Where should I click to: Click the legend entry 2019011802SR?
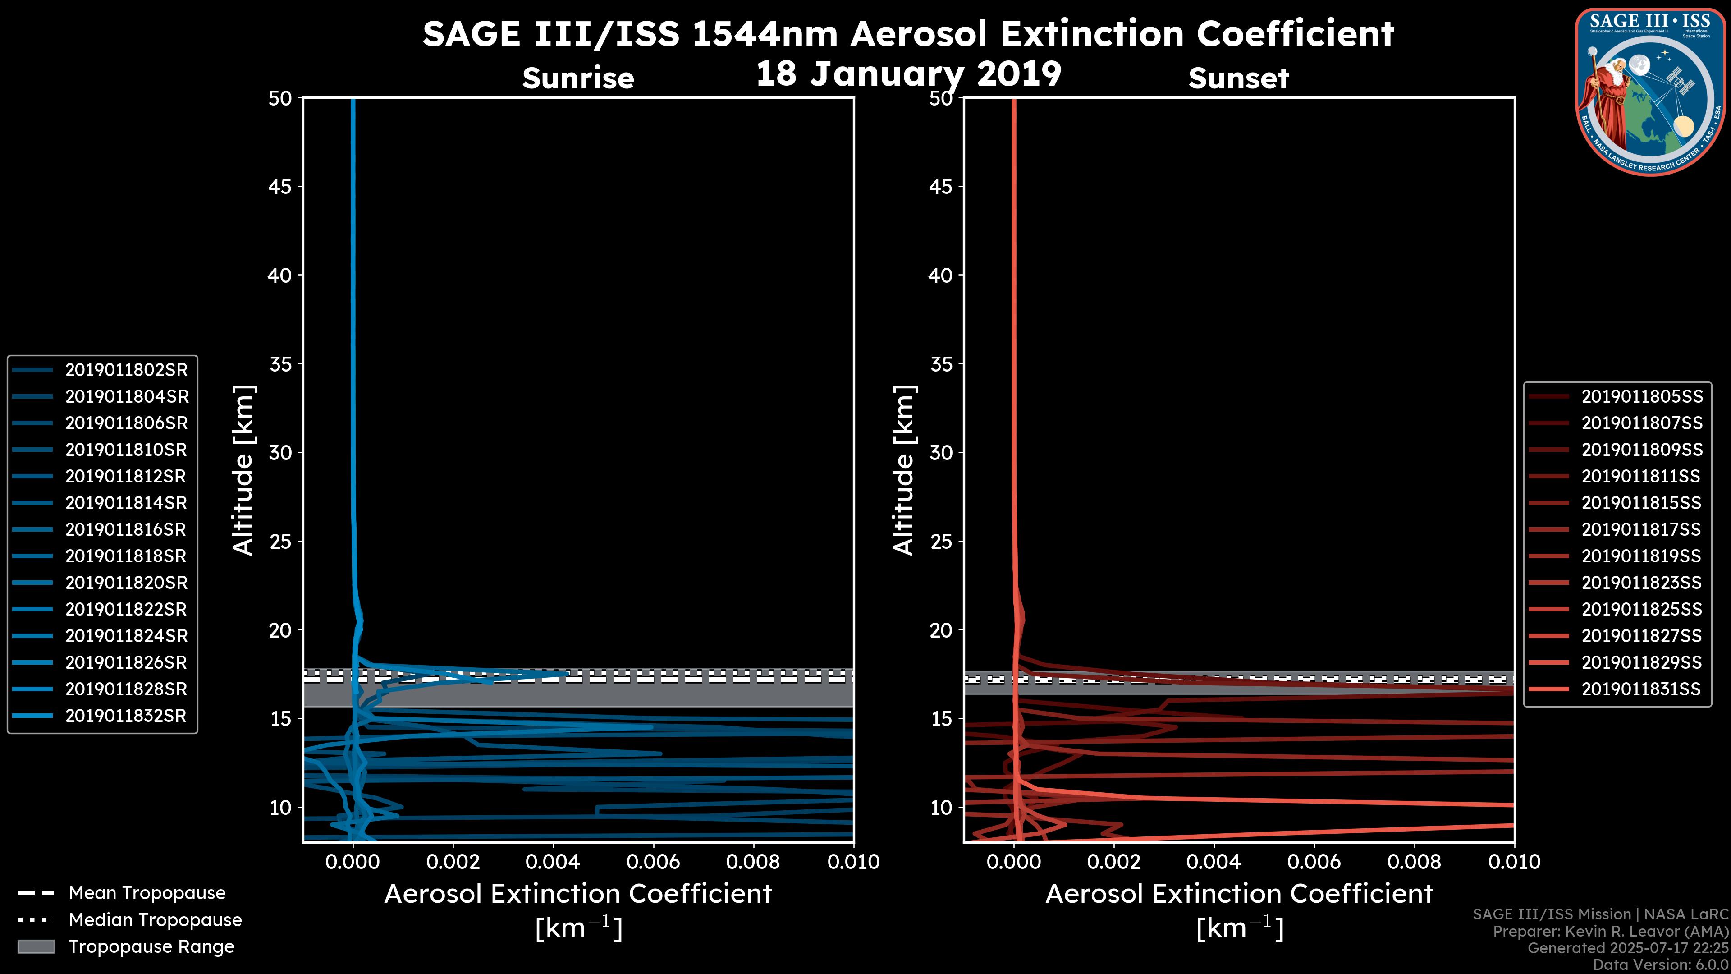126,370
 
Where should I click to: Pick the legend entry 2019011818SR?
126,556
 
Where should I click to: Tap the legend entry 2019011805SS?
1642,397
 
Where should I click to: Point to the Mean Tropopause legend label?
147,893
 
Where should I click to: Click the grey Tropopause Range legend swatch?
36,946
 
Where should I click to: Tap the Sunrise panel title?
578,78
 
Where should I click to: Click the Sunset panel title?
1238,78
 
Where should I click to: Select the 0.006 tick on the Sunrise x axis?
652,862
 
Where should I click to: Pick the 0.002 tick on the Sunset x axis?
1113,862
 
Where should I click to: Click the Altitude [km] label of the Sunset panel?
904,470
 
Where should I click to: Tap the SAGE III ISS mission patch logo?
1649,92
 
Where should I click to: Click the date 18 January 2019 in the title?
908,74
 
